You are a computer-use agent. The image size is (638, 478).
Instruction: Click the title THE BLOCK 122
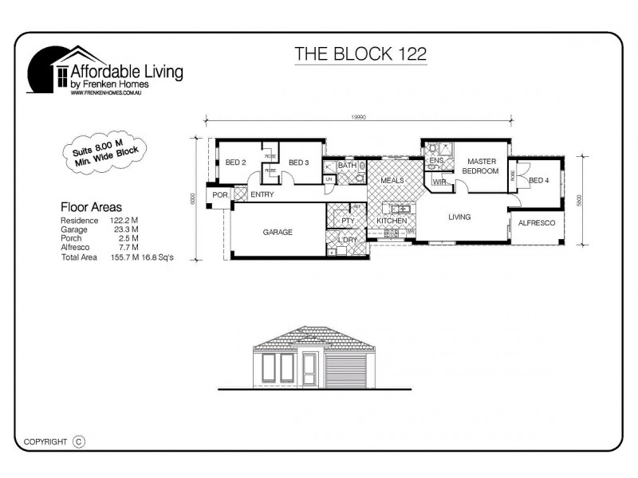click(x=360, y=54)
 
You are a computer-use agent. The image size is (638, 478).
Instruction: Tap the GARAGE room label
click(x=278, y=233)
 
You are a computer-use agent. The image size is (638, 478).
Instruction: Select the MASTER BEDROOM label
click(x=482, y=166)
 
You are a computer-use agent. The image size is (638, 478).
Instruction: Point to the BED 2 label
click(x=235, y=163)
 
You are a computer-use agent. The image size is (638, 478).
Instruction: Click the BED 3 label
click(x=298, y=163)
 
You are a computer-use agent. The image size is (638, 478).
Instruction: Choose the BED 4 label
click(x=539, y=180)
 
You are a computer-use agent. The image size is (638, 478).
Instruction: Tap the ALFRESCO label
click(x=536, y=224)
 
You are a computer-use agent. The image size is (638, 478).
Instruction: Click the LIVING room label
click(x=459, y=217)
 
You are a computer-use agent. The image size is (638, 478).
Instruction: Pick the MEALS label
click(x=392, y=180)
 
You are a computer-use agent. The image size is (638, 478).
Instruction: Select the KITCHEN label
click(x=392, y=221)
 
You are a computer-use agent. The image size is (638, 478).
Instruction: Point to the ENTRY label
click(x=262, y=194)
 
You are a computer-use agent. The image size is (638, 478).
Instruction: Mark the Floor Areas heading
click(x=91, y=206)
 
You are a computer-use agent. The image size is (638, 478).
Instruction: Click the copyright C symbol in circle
click(x=78, y=441)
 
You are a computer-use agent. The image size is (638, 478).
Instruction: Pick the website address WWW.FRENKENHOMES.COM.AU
click(x=108, y=92)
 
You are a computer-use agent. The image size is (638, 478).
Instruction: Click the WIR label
click(x=439, y=182)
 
